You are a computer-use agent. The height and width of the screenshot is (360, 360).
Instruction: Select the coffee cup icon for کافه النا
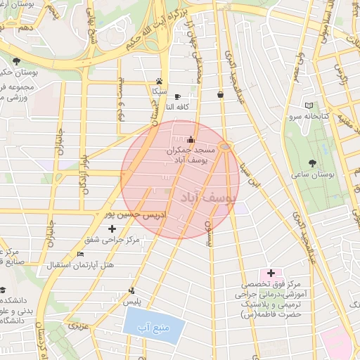pyautogui.click(x=177, y=96)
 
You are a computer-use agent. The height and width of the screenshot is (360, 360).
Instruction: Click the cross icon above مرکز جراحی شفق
pyautogui.click(x=112, y=229)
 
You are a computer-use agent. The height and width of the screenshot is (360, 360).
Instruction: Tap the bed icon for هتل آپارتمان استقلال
pyautogui.click(x=80, y=254)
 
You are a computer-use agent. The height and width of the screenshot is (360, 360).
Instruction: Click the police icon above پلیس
pyautogui.click(x=132, y=290)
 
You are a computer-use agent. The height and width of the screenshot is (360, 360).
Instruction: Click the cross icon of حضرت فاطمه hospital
pyautogui.click(x=271, y=272)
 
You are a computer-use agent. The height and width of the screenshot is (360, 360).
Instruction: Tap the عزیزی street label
pyautogui.click(x=79, y=326)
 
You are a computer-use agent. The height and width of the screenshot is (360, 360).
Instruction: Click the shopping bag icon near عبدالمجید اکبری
pyautogui.click(x=221, y=94)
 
